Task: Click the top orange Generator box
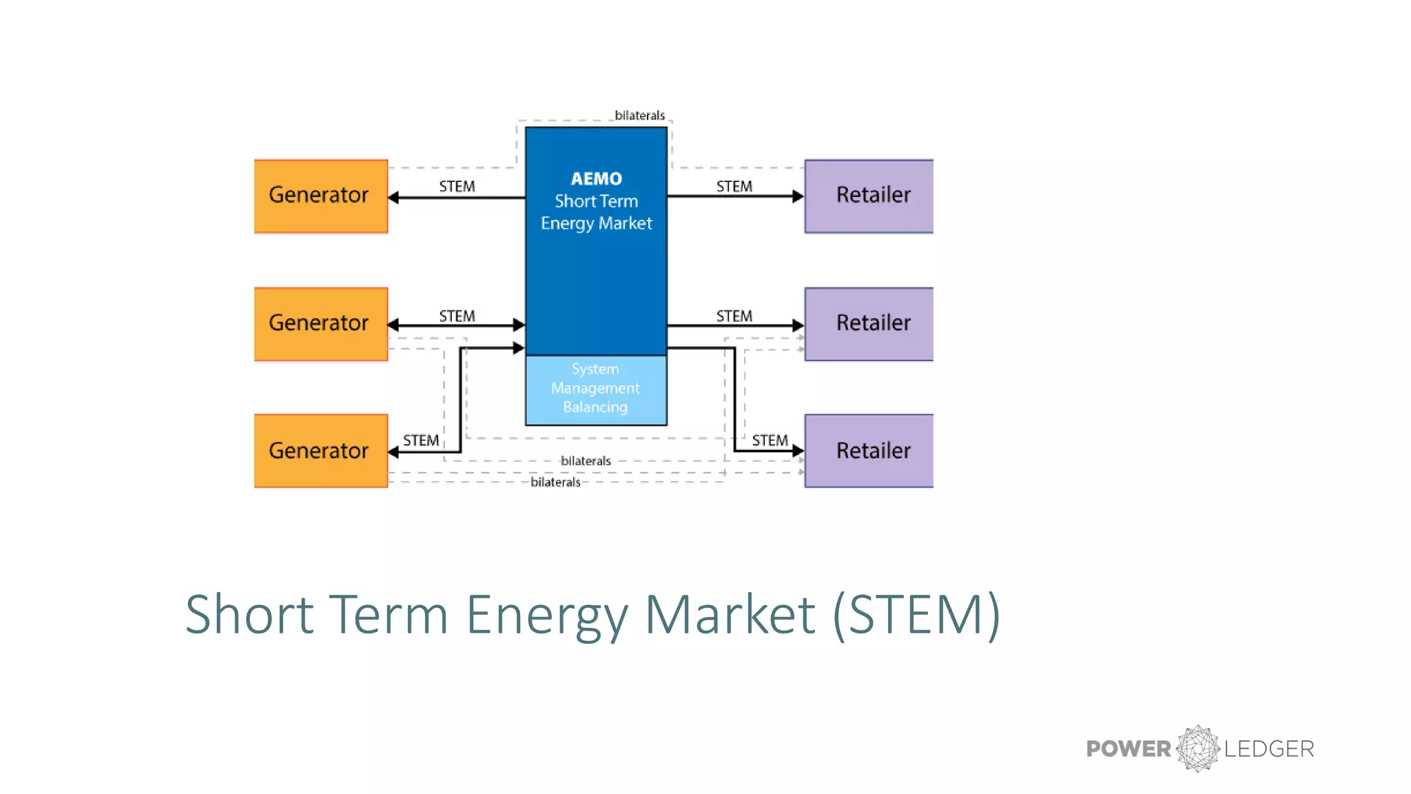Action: pos(320,196)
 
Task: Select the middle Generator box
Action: pos(320,324)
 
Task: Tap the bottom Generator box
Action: pos(320,451)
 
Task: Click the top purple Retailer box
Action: pos(869,196)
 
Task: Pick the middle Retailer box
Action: pos(869,324)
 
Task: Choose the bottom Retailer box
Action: pos(869,451)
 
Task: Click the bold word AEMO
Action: pos(596,179)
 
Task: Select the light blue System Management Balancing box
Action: pos(596,389)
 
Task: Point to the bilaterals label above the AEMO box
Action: pos(639,115)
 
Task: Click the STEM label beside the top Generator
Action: pos(457,187)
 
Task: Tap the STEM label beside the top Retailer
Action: pos(734,187)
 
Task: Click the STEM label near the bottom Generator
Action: pos(421,440)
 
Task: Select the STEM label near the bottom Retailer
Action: pos(770,440)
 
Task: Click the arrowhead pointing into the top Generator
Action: pos(393,198)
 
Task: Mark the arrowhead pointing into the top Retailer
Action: pos(798,196)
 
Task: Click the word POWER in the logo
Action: pos(1128,749)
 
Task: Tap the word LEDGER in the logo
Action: pos(1269,749)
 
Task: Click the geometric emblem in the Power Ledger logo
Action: pos(1198,749)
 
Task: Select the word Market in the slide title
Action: pos(730,614)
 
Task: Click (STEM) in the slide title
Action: pos(916,614)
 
